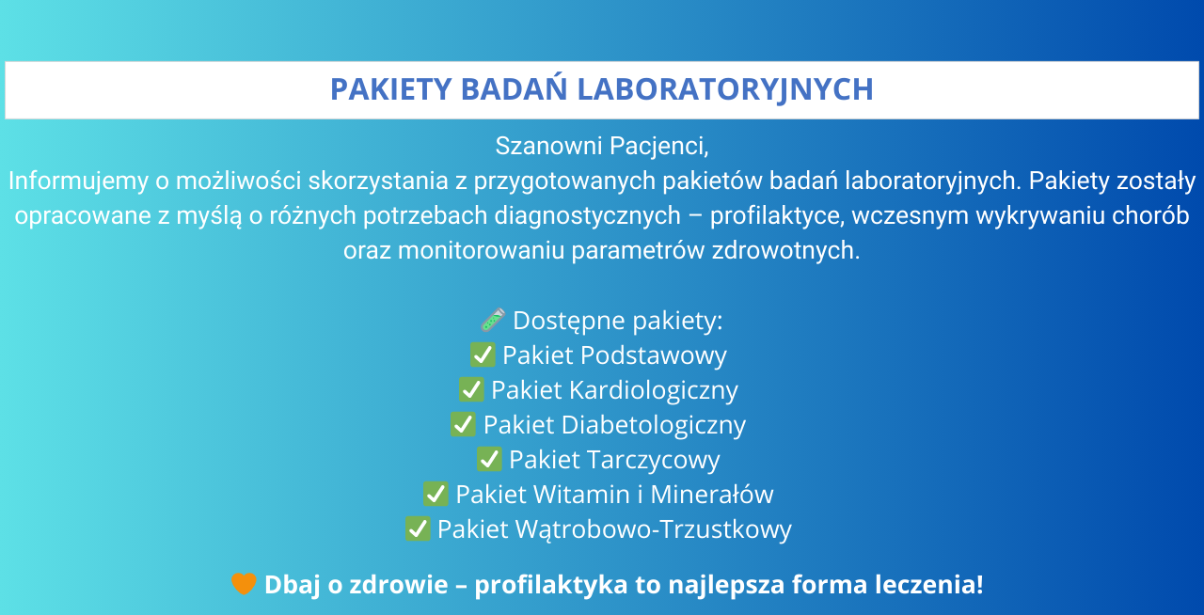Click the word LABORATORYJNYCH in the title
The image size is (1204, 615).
[725, 89]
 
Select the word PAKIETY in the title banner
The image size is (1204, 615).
[390, 89]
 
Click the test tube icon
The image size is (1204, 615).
[492, 320]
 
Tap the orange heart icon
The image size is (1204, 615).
[244, 584]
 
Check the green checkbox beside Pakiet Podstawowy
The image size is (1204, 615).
[483, 355]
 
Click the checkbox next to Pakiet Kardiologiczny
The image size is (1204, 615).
[471, 389]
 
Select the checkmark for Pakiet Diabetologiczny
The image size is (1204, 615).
[463, 425]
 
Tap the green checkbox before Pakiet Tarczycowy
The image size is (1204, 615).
[489, 460]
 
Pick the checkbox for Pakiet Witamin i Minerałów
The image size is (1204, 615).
[436, 494]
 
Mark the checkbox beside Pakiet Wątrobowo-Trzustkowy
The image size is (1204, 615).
[418, 529]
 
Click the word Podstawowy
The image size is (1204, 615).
[653, 355]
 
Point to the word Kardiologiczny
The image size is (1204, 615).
[654, 391]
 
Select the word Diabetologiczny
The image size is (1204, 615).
[654, 426]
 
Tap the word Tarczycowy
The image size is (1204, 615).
[653, 461]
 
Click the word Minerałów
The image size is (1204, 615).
[712, 495]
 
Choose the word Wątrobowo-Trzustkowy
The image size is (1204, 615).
[654, 529]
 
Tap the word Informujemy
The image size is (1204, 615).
[78, 181]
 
